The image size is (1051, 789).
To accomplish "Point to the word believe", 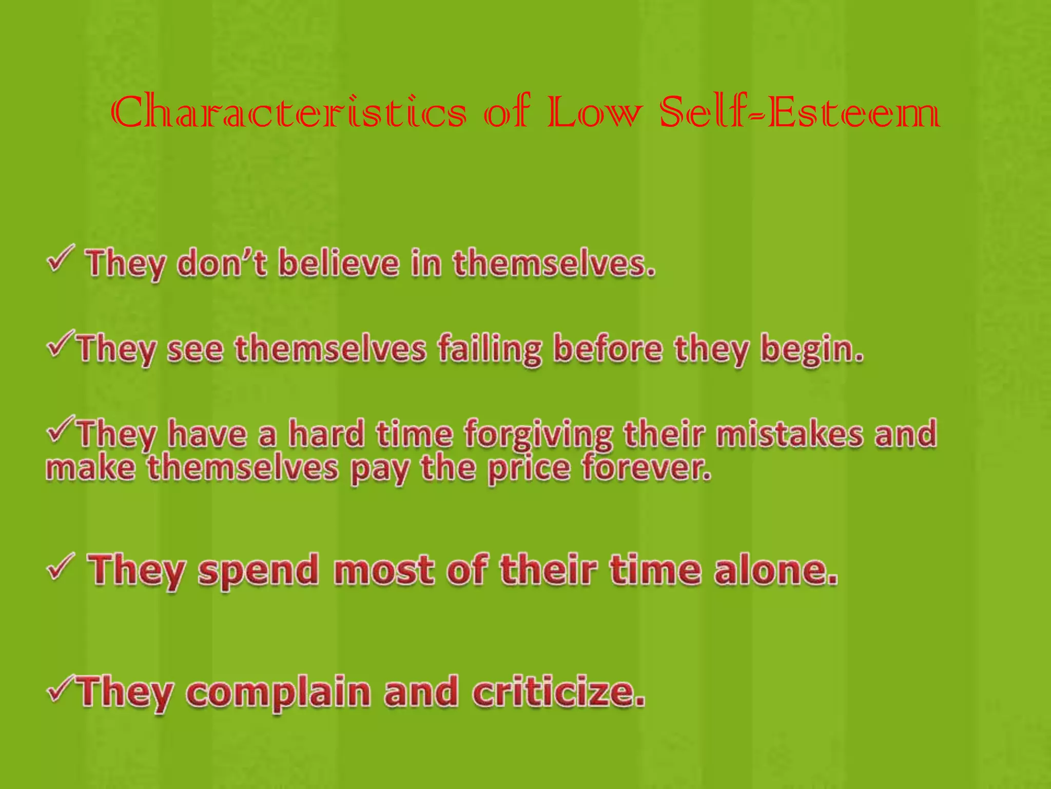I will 339,263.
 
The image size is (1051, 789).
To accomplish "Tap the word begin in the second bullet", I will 811,349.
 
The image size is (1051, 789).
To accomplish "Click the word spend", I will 259,571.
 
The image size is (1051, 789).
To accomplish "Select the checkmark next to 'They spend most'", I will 61,567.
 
